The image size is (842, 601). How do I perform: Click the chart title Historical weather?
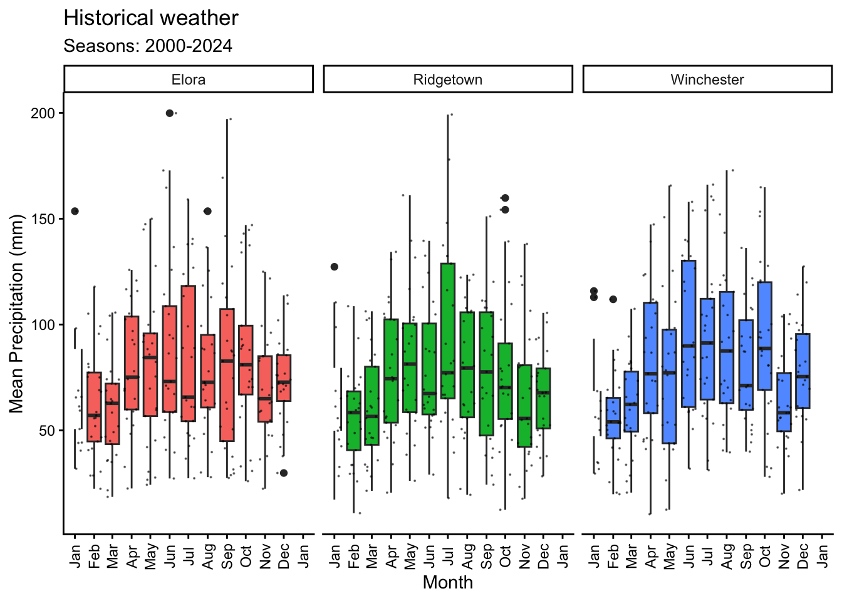click(x=151, y=18)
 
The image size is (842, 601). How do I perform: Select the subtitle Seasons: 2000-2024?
click(x=148, y=46)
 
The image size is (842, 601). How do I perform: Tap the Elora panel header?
click(x=188, y=80)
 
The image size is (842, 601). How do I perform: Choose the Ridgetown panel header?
click(x=447, y=80)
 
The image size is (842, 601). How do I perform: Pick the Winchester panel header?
click(x=707, y=80)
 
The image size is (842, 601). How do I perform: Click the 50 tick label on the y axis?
click(x=48, y=431)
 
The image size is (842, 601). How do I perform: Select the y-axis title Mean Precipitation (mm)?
click(x=16, y=314)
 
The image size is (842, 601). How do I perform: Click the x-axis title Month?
click(x=447, y=582)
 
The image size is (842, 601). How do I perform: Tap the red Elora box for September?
click(x=227, y=376)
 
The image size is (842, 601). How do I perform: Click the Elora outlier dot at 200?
click(x=169, y=113)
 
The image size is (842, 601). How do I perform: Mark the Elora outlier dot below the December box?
click(x=284, y=473)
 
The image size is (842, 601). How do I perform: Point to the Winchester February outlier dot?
click(x=613, y=299)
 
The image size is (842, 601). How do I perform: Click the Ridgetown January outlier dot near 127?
click(x=335, y=267)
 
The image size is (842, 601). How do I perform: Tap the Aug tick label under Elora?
click(x=208, y=556)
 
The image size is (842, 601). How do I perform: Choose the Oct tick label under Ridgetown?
click(x=506, y=556)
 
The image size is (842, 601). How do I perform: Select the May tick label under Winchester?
click(x=670, y=556)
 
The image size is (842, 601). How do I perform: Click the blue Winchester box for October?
click(x=764, y=336)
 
